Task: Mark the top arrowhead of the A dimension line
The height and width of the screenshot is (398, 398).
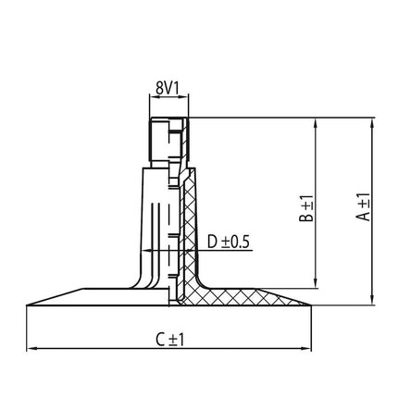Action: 373,120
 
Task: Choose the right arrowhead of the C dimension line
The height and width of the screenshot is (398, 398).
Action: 310,349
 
